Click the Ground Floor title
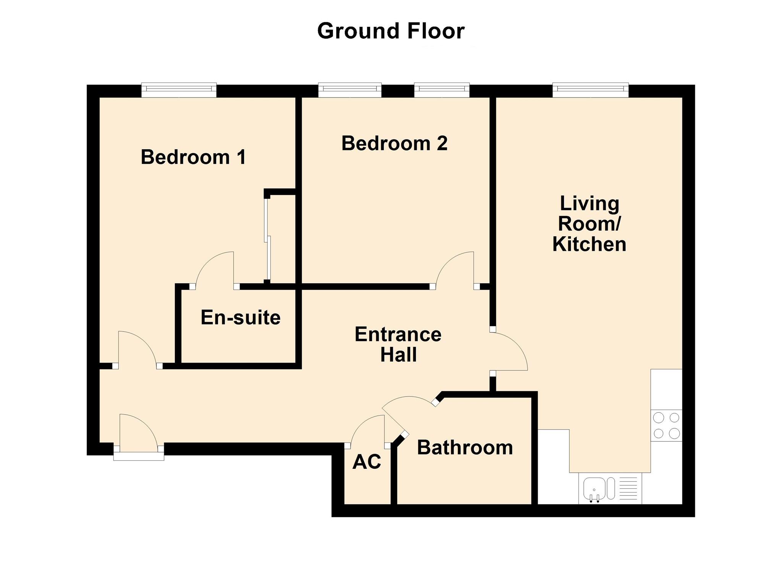pyautogui.click(x=391, y=31)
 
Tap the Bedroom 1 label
pyautogui.click(x=193, y=157)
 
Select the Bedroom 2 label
pyautogui.click(x=394, y=143)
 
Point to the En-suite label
pyautogui.click(x=241, y=317)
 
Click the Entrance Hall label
pyautogui.click(x=398, y=344)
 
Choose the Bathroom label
pyautogui.click(x=465, y=447)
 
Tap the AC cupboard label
pyautogui.click(x=367, y=462)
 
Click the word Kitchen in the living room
pyautogui.click(x=589, y=244)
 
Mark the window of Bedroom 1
pyautogui.click(x=179, y=89)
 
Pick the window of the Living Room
pyautogui.click(x=590, y=89)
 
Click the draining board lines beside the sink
pyautogui.click(x=628, y=488)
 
